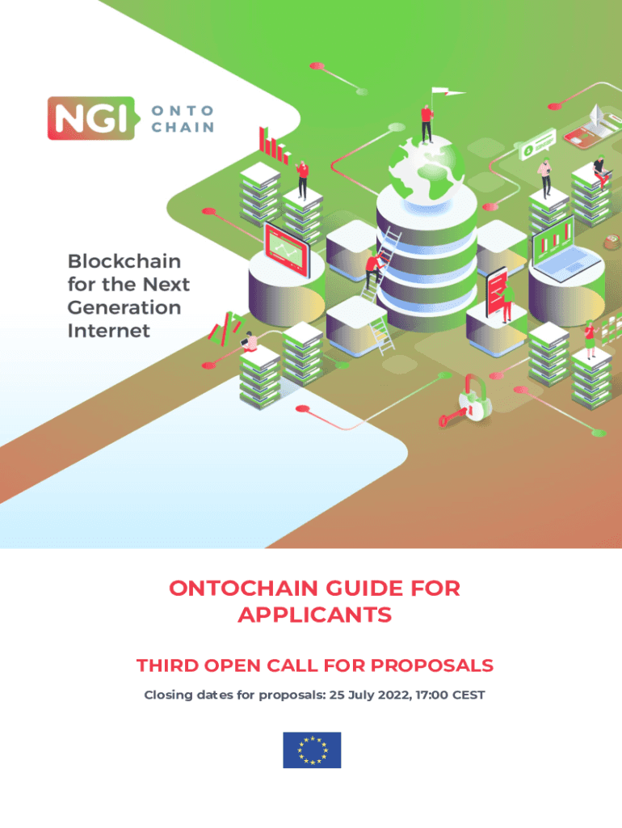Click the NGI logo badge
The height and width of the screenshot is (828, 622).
point(87,118)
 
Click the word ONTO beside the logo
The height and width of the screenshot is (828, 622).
point(183,110)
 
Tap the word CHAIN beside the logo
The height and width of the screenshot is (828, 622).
point(183,127)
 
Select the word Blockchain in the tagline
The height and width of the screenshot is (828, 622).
point(124,261)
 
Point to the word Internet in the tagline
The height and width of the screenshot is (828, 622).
point(108,330)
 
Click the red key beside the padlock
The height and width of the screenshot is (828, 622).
point(450,417)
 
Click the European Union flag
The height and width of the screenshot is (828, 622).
point(311,750)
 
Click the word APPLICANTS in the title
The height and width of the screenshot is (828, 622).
point(314,615)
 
